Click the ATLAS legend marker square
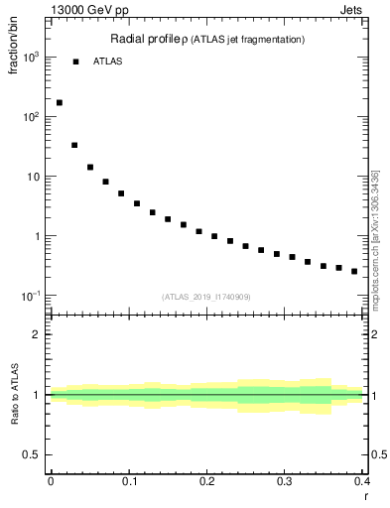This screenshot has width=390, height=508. (75, 62)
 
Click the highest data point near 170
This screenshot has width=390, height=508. (60, 102)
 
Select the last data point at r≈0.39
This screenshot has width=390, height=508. (354, 271)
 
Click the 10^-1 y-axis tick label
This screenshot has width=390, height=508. (30, 296)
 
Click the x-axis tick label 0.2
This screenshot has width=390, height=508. (206, 481)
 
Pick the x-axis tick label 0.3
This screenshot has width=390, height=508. (285, 481)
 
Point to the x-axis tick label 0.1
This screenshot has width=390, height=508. (129, 481)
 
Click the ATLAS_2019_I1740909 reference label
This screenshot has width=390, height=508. (205, 297)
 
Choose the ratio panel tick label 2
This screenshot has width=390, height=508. (37, 334)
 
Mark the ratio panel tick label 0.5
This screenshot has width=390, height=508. (33, 454)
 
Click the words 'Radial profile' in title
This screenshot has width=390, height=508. (144, 39)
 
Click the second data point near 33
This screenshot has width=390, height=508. (74, 145)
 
